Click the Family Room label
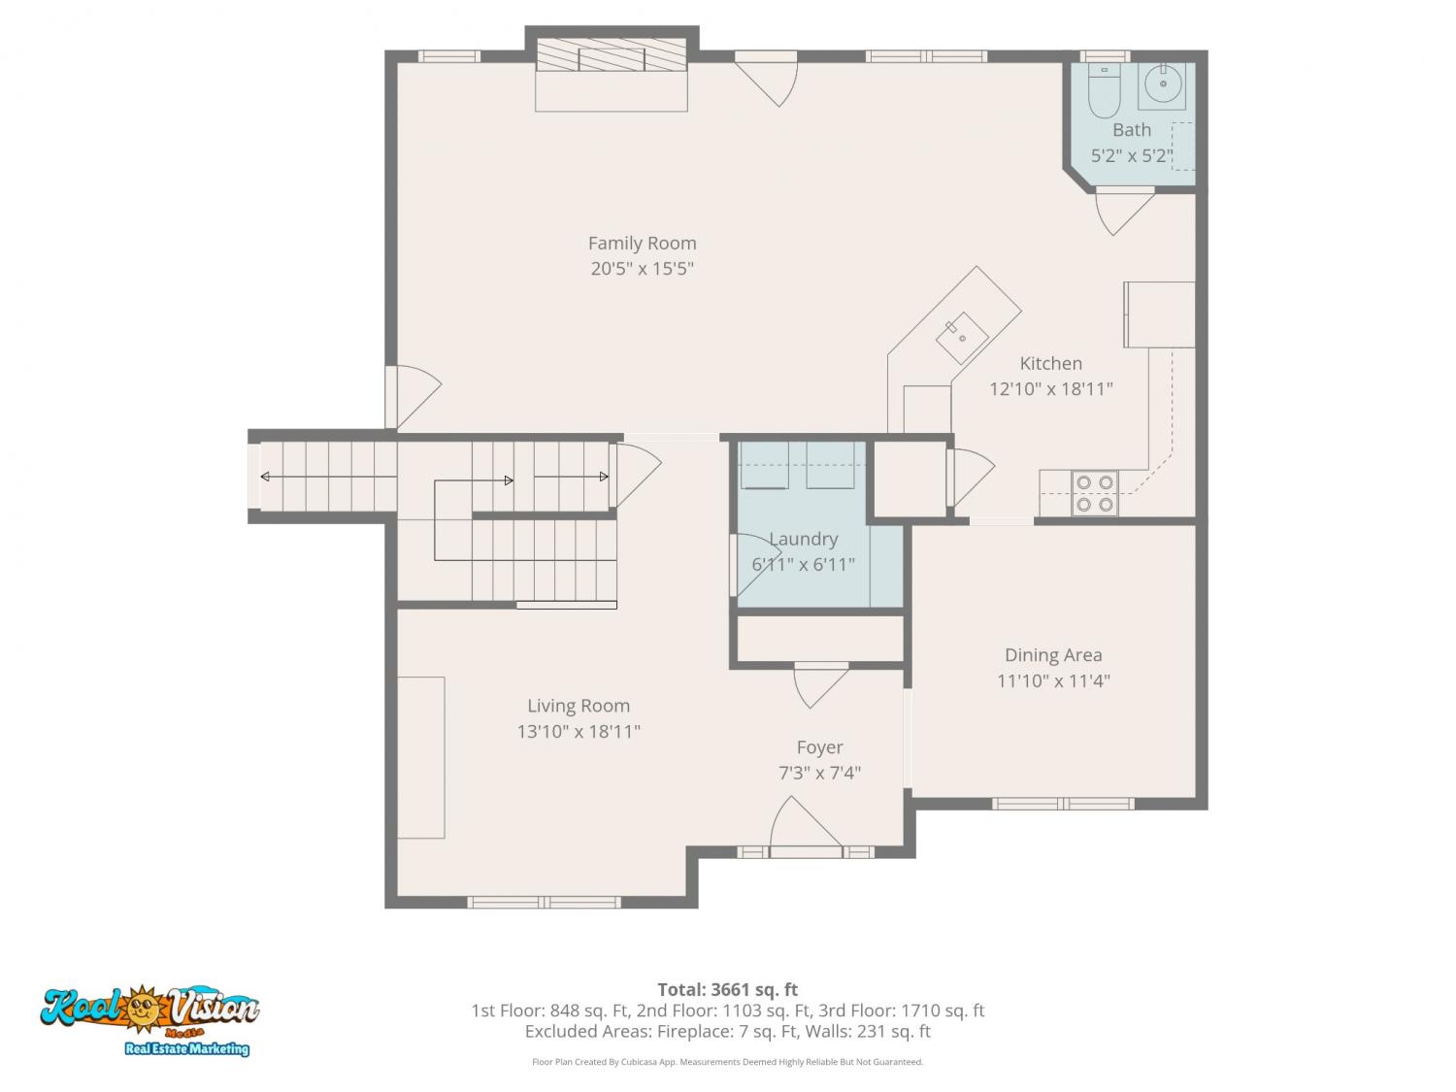(x=642, y=244)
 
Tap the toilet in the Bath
(x=1104, y=90)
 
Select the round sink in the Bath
(x=1162, y=84)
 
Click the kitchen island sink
(x=961, y=338)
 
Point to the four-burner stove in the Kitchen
(x=1095, y=493)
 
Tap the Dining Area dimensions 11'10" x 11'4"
(x=1053, y=681)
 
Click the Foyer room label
(x=820, y=747)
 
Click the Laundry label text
(x=804, y=539)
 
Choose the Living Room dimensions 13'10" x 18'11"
(x=579, y=731)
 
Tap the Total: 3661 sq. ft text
(x=728, y=989)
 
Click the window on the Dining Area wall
(x=1063, y=804)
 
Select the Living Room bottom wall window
(x=544, y=902)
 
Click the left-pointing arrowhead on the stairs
(x=265, y=476)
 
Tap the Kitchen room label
(x=1050, y=363)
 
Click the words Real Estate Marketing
(x=187, y=1048)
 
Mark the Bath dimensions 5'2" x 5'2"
(x=1132, y=156)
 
